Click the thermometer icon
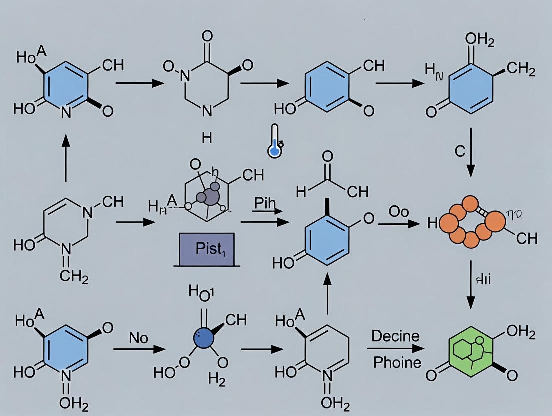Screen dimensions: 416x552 click(x=274, y=145)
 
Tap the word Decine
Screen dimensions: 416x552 click(x=396, y=335)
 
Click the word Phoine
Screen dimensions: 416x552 click(x=397, y=361)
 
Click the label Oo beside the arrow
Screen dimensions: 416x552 click(x=399, y=212)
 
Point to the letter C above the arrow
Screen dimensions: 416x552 click(x=460, y=152)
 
